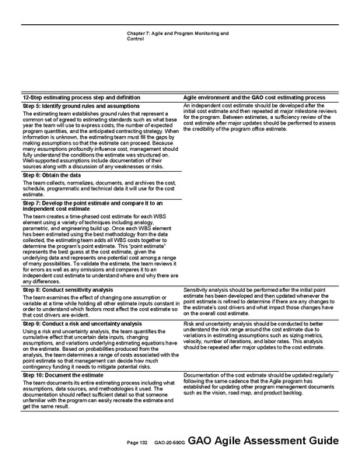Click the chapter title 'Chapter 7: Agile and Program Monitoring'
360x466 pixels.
pos(177,35)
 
